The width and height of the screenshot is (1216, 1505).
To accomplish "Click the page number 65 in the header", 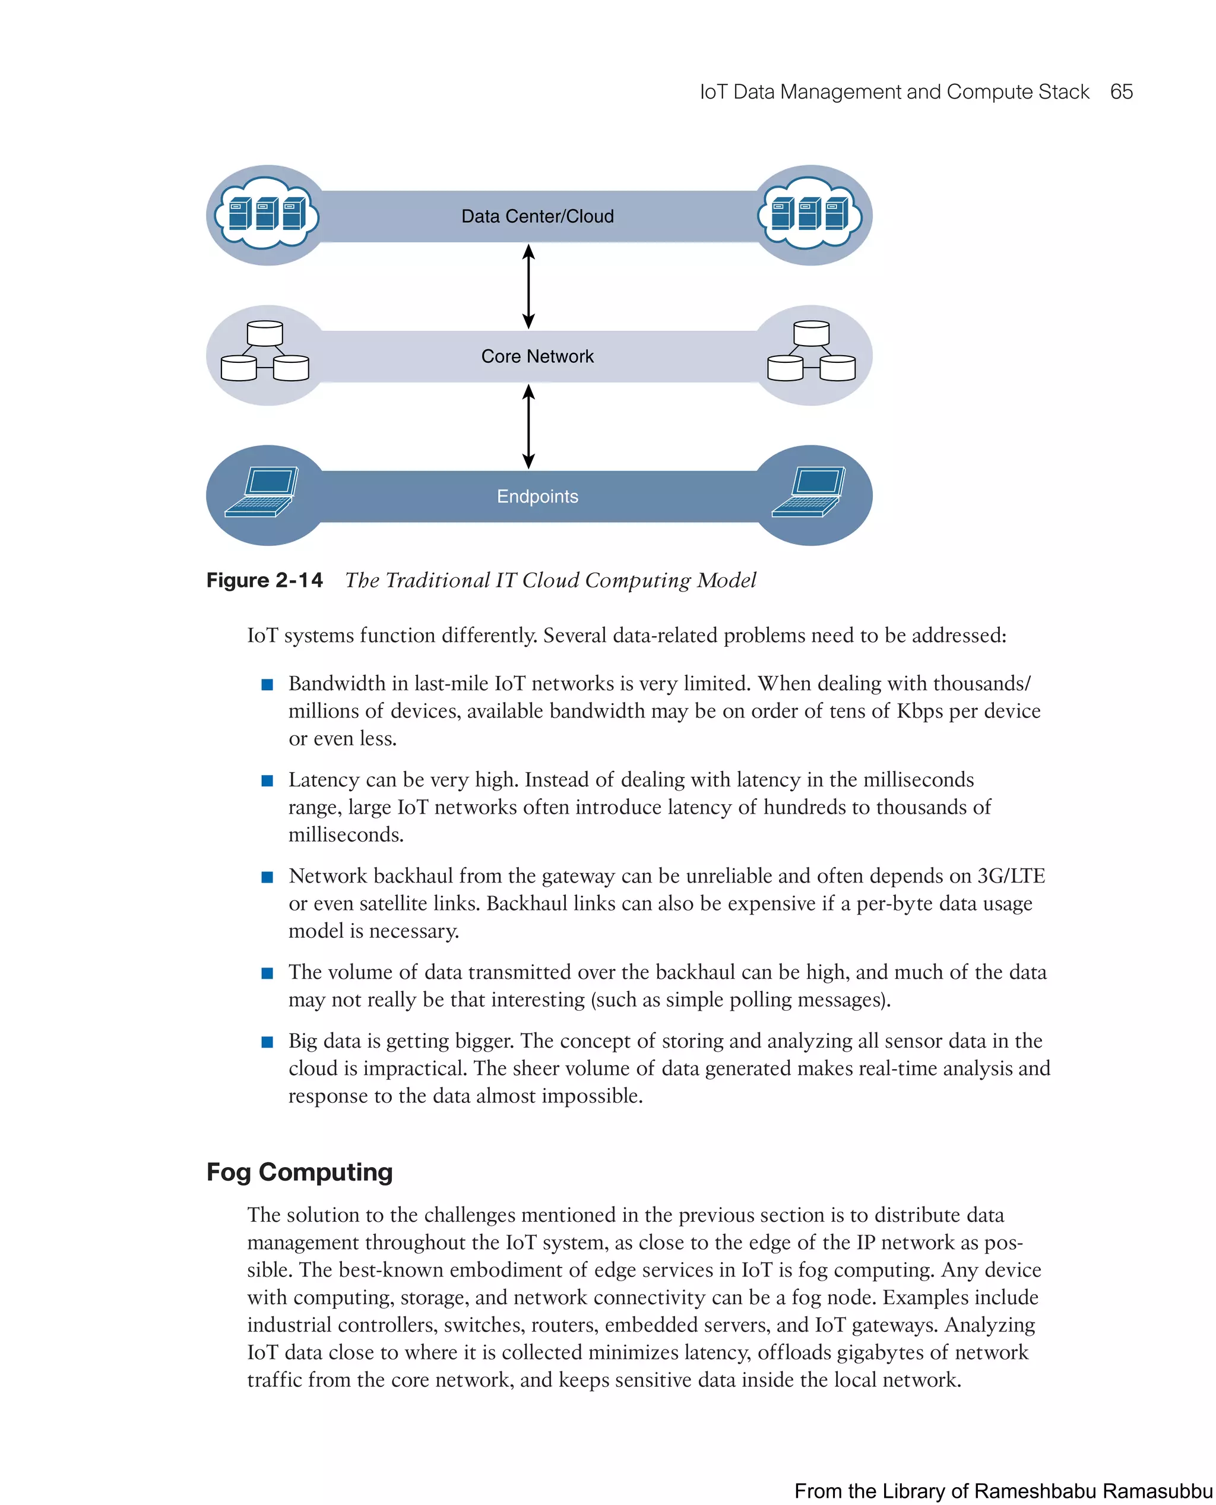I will (x=1121, y=92).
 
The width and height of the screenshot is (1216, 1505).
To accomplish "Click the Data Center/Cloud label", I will (x=537, y=217).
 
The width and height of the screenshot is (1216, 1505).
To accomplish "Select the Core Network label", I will (x=537, y=356).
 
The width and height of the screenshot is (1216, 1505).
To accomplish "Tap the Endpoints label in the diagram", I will (x=537, y=497).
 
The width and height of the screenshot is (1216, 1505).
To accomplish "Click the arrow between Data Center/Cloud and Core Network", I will (x=529, y=286).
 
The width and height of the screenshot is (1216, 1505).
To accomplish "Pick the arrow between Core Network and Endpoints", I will (x=529, y=426).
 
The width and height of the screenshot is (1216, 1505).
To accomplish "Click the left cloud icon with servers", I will (x=267, y=213).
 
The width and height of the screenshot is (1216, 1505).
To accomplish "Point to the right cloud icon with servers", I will (x=810, y=213).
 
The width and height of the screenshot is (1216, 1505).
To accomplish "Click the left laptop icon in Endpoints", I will (x=262, y=492).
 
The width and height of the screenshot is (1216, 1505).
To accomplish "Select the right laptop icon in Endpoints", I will (x=809, y=492).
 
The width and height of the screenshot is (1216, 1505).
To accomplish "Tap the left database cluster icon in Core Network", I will (x=265, y=352).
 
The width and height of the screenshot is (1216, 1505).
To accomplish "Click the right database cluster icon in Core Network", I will (x=811, y=352).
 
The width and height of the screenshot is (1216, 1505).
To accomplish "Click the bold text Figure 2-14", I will (x=265, y=581).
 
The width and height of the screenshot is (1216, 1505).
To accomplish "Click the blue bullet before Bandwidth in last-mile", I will (x=267, y=685).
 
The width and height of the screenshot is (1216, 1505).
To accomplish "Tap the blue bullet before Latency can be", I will (x=267, y=780).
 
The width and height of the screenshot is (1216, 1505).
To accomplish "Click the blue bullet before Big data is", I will (x=267, y=1042).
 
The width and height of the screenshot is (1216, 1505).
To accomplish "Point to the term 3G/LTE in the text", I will (x=1011, y=877).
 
